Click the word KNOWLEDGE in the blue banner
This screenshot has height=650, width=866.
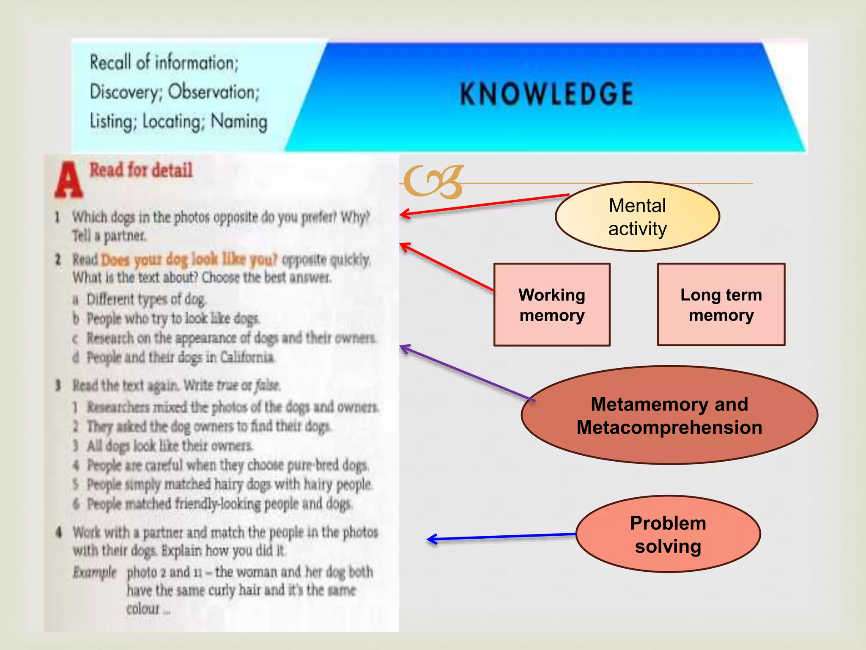546,94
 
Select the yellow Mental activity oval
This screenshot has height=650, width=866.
637,217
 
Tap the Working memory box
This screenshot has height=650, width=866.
552,305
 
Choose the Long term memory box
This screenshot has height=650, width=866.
721,305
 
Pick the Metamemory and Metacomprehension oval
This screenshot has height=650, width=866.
669,416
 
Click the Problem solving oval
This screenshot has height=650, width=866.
668,534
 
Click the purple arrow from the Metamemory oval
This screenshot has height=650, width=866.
465,373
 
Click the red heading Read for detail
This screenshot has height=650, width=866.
141,170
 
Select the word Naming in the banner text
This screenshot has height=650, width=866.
239,121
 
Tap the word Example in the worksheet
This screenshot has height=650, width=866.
94,572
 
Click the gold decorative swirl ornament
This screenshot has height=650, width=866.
433,182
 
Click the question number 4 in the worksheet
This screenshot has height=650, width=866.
59,532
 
